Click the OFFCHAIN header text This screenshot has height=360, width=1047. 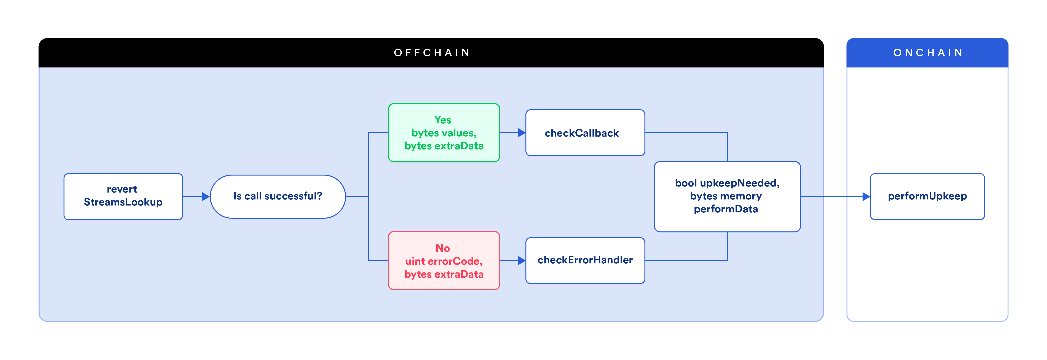(432, 53)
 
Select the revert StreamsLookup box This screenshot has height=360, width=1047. (123, 197)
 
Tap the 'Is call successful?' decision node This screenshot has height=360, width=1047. (278, 197)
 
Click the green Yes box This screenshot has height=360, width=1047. (444, 133)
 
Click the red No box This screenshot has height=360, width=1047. (444, 261)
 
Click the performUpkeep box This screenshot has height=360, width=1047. (927, 197)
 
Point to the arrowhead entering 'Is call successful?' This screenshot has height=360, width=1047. (206, 197)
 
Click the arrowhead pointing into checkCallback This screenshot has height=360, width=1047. (522, 133)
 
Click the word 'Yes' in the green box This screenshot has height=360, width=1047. (443, 120)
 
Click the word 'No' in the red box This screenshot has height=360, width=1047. (443, 248)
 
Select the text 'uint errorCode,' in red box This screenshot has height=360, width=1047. (444, 261)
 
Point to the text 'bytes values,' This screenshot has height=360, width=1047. (444, 133)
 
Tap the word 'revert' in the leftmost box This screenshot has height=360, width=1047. (122, 189)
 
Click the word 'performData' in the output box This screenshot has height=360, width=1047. (726, 209)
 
